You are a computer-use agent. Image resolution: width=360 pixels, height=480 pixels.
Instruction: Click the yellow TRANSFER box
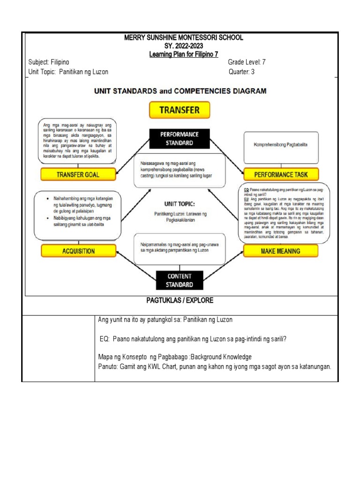pos(180,110)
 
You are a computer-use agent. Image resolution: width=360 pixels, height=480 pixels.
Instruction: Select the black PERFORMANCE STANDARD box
pos(180,138)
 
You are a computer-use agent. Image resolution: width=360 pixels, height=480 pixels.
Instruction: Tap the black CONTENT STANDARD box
pos(180,280)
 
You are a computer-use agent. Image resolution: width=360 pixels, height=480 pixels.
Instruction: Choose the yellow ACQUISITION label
pos(78,251)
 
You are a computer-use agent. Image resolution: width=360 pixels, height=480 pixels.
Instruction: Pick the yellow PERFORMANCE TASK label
pos(281,174)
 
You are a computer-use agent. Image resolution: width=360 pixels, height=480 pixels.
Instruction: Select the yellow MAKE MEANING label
pos(280,251)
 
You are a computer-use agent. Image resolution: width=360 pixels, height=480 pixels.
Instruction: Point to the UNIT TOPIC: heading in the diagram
pos(180,204)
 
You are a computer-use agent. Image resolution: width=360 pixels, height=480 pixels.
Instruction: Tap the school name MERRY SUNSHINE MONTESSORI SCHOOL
pos(184,38)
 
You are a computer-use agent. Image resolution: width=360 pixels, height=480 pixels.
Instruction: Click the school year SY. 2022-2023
pos(184,46)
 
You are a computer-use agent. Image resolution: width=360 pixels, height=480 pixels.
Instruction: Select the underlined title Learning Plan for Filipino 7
pos(184,55)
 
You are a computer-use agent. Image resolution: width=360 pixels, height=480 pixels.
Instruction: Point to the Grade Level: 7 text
pos(247,62)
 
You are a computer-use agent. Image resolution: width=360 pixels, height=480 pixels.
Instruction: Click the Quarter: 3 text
pos(243,72)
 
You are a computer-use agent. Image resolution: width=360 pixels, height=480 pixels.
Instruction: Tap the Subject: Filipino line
pos(49,62)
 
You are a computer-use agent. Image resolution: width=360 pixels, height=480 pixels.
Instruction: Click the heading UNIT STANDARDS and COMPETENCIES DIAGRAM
pos(180,91)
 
